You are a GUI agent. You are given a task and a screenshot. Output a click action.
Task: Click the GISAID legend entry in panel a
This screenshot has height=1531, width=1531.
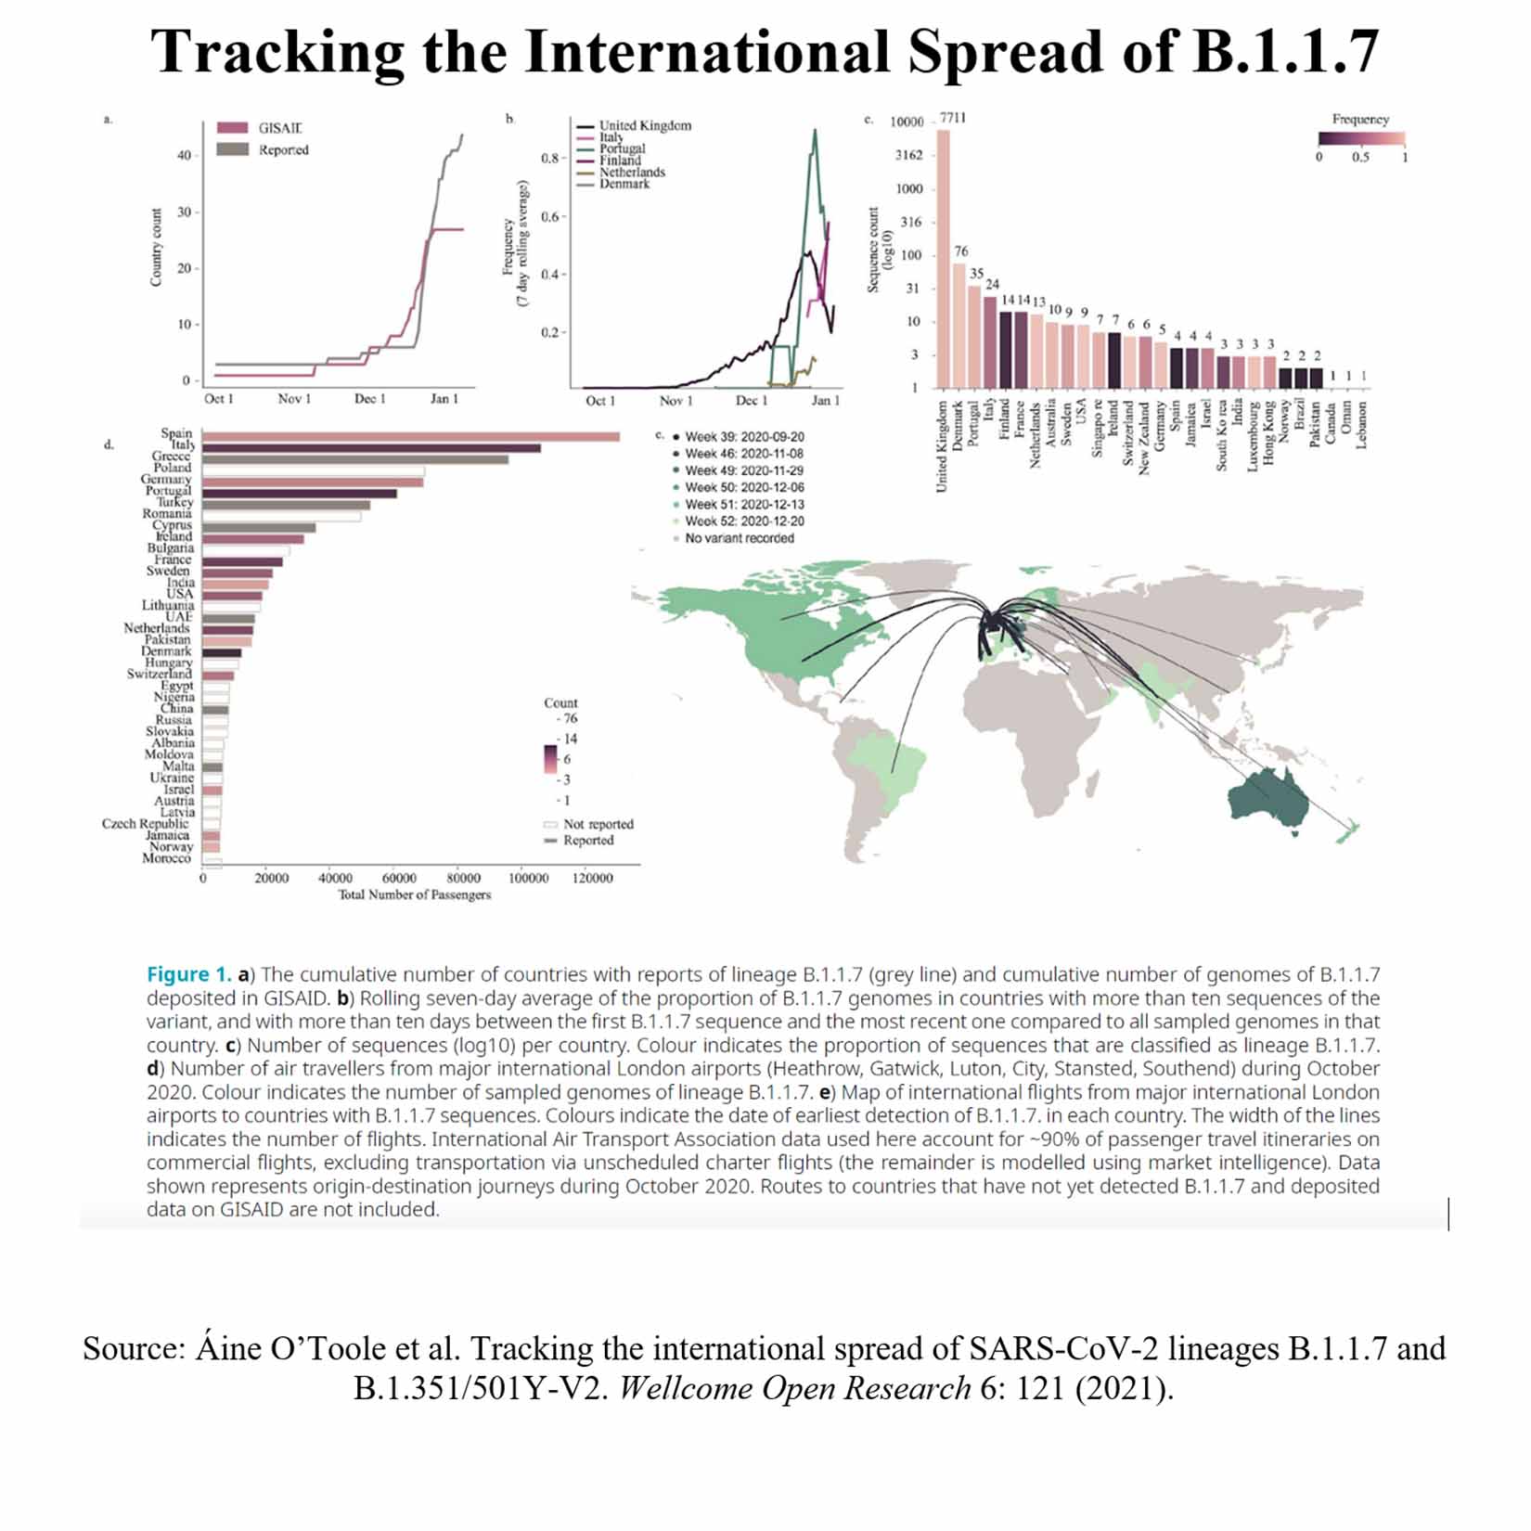pos(279,128)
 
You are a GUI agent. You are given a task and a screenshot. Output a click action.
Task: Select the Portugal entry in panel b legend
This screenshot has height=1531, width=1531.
pos(622,148)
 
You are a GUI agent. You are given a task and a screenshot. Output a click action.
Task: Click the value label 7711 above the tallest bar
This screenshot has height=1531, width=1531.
pos(952,118)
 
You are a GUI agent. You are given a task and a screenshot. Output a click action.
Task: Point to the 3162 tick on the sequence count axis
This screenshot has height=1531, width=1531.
pos(908,155)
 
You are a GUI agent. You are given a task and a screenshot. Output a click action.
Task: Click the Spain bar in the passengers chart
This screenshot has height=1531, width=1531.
pos(410,436)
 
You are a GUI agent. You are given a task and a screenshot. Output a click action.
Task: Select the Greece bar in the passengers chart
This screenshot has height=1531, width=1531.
pos(354,459)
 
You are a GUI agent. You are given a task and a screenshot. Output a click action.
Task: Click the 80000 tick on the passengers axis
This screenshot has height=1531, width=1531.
pos(463,878)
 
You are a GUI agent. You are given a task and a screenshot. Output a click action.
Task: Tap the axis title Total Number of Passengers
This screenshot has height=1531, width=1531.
pos(414,895)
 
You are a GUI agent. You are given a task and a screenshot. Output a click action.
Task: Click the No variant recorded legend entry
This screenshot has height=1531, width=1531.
pos(739,538)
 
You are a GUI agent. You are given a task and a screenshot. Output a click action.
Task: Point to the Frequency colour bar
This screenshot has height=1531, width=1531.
pos(1361,139)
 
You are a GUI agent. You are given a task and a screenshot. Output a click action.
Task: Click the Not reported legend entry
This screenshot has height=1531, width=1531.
pos(598,824)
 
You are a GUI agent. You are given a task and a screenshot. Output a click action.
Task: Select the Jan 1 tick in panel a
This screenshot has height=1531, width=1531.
pos(444,399)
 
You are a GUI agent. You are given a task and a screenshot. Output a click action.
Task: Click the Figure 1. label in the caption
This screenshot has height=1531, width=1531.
pos(188,974)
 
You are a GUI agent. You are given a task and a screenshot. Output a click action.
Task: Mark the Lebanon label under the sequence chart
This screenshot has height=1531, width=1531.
pos(1362,425)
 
